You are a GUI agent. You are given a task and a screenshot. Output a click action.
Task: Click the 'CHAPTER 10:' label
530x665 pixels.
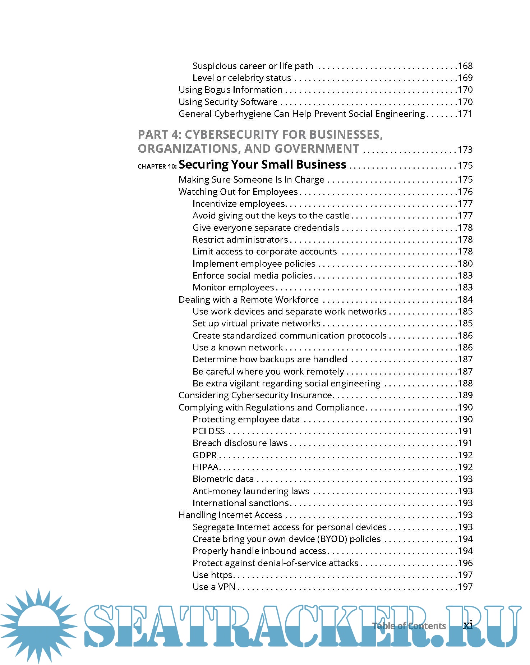click(157, 166)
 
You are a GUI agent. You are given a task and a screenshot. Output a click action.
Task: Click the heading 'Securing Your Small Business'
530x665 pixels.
click(262, 165)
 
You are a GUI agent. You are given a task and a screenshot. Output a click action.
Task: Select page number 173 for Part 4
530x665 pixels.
click(465, 150)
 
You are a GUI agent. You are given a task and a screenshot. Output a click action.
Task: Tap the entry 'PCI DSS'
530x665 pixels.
click(209, 431)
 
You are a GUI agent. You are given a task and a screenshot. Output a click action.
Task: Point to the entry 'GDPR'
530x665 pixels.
click(205, 455)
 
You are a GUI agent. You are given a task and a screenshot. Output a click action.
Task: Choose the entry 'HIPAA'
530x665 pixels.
click(206, 467)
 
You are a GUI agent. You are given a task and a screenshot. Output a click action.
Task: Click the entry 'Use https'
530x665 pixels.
click(213, 575)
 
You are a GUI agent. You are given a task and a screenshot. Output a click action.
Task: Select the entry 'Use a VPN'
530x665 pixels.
click(214, 587)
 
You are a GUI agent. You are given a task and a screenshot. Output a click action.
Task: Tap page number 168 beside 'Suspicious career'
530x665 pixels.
click(465, 66)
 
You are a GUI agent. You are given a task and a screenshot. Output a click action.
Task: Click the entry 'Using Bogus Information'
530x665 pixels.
click(231, 90)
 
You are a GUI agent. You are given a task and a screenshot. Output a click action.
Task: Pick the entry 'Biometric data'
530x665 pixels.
click(223, 479)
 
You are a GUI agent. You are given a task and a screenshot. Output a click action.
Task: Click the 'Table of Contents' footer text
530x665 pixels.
click(409, 626)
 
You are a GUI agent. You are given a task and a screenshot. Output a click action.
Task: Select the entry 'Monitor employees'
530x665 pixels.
click(233, 287)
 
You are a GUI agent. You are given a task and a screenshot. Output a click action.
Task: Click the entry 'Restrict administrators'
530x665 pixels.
click(240, 239)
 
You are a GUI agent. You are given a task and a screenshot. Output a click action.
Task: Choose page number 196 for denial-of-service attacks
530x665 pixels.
click(465, 563)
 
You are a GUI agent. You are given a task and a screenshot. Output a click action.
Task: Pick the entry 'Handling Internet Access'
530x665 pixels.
click(230, 515)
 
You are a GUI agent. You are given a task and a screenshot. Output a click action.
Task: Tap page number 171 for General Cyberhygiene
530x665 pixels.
click(465, 114)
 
